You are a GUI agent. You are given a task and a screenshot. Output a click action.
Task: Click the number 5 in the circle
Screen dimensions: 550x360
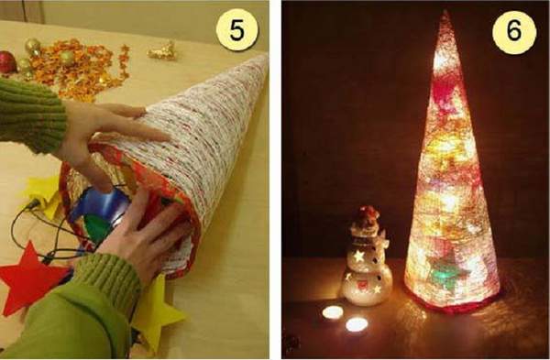236,30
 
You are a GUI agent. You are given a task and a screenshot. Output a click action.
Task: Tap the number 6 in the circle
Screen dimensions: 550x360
514,31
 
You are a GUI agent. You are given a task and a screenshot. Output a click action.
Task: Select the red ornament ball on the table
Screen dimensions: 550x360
7,62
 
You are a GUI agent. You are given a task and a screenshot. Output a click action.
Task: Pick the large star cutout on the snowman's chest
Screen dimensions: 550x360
358,256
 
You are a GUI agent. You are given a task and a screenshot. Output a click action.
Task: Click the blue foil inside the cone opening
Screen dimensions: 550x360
102,204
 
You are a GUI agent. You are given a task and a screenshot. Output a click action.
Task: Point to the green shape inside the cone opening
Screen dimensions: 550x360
96,228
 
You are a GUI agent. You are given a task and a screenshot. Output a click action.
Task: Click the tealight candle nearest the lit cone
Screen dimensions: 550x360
357,324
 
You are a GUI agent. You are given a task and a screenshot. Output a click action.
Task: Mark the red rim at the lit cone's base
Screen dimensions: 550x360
453,306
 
